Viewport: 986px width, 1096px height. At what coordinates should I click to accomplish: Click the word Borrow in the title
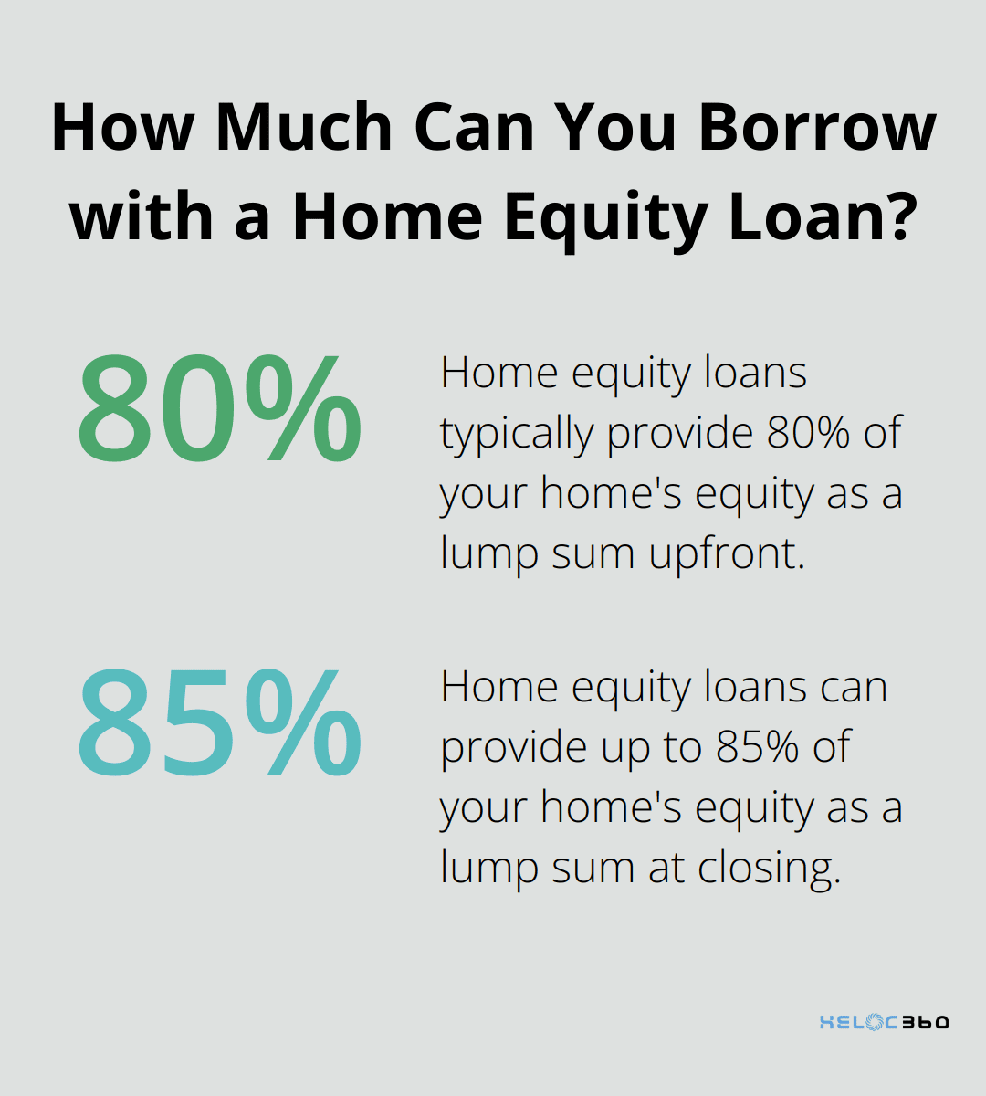coord(817,129)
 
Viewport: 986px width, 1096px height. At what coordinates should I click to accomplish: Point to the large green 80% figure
coord(219,412)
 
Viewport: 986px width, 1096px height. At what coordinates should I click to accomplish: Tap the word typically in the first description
coord(517,434)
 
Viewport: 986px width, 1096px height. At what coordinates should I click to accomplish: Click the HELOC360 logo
coord(884,1022)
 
